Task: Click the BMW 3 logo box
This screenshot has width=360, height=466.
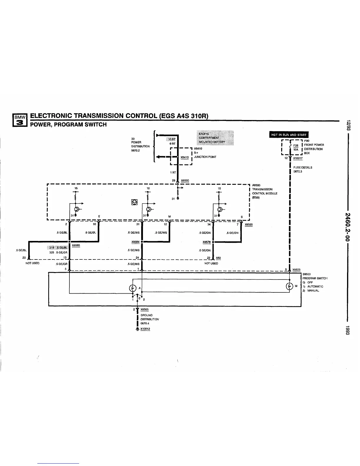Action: coord(19,120)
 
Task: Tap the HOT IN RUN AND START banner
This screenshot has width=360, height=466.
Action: coord(289,135)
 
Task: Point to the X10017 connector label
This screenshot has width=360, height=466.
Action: coord(298,158)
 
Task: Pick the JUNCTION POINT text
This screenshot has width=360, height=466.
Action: coord(205,157)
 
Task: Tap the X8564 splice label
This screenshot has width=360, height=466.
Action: coord(135,242)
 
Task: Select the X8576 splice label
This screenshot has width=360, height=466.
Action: coord(206,242)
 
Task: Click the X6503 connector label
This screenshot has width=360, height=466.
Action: coord(296,270)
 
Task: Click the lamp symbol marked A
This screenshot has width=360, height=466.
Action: coord(133,288)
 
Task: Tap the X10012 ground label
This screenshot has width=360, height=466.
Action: coord(145,329)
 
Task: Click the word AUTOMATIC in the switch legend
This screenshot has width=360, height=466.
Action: coord(315,286)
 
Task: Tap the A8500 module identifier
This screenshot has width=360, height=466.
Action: coord(256,185)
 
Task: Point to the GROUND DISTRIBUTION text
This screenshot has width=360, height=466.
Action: coord(149,317)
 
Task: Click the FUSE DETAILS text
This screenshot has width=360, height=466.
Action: coord(303,167)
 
